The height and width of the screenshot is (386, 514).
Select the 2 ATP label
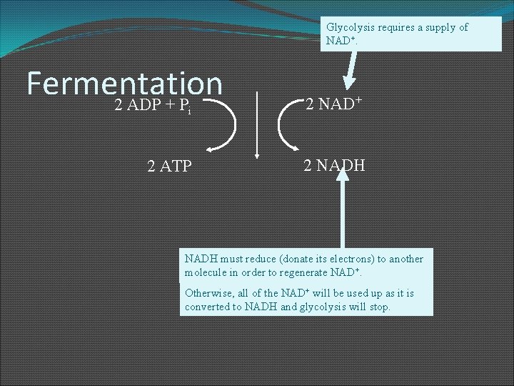(169, 167)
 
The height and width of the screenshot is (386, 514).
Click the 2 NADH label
(334, 166)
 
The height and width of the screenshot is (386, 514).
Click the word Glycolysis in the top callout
(349, 27)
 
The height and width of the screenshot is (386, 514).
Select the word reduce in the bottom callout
(261, 259)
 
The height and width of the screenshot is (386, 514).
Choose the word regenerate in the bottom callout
(300, 273)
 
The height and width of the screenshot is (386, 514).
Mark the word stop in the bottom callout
(380, 307)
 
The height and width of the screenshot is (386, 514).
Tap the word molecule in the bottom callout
(208, 273)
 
